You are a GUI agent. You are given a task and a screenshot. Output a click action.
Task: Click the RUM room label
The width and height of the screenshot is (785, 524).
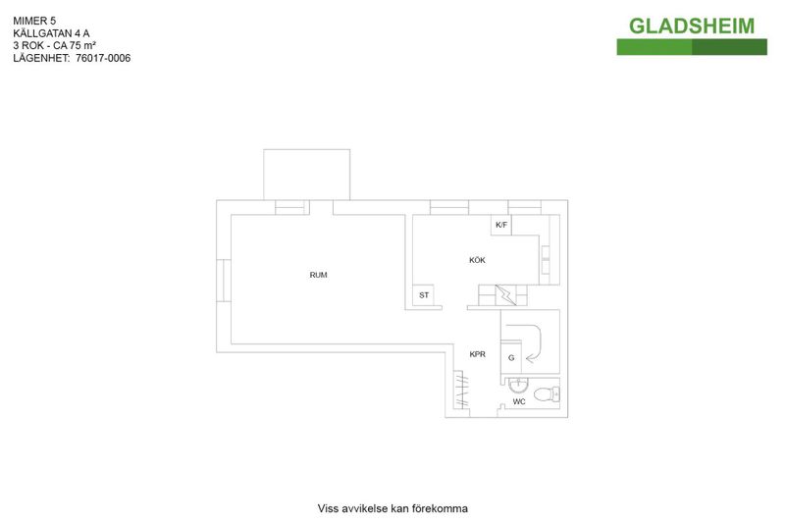pyautogui.click(x=318, y=275)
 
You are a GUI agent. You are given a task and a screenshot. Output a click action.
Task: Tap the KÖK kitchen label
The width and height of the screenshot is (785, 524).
pyautogui.click(x=477, y=260)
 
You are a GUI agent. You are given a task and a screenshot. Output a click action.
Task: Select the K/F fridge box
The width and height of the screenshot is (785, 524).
pyautogui.click(x=501, y=225)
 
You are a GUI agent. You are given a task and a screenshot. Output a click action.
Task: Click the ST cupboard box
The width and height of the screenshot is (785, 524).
pyautogui.click(x=424, y=295)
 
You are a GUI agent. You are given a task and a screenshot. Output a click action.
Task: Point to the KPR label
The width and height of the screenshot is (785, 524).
pyautogui.click(x=477, y=354)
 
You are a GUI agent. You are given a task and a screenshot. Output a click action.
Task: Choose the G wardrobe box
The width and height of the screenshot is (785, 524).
pyautogui.click(x=511, y=357)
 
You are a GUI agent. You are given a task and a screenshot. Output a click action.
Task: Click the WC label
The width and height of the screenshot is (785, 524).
pyautogui.click(x=519, y=401)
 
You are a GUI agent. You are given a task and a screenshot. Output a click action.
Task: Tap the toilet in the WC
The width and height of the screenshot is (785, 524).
pyautogui.click(x=547, y=394)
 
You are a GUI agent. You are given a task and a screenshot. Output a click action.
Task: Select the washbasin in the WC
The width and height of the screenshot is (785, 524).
pyautogui.click(x=518, y=385)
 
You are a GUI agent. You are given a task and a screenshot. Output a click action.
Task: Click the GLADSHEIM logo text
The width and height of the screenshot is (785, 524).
pyautogui.click(x=692, y=26)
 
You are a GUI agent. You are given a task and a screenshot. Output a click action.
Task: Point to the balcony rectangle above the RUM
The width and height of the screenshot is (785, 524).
pyautogui.click(x=307, y=175)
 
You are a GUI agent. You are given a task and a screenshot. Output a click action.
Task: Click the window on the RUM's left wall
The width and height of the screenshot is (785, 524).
pyautogui.click(x=224, y=281)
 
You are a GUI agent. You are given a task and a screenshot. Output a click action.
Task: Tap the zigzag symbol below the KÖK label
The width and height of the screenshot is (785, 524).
pyautogui.click(x=505, y=294)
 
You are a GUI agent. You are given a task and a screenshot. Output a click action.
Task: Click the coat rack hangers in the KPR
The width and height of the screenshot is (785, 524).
pyautogui.click(x=461, y=390)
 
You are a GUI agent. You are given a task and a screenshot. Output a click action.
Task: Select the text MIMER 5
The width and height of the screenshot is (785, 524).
pyautogui.click(x=34, y=21)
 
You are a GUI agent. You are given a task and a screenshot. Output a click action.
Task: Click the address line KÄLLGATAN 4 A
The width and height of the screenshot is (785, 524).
pyautogui.click(x=51, y=33)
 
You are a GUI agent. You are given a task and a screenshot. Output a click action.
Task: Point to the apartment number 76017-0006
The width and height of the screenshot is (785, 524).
pyautogui.click(x=103, y=58)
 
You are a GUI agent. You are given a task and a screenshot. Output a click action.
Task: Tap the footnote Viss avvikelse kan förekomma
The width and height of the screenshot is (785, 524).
pyautogui.click(x=392, y=508)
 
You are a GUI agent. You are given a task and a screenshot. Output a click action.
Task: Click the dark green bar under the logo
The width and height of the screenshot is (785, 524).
pyautogui.click(x=729, y=47)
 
